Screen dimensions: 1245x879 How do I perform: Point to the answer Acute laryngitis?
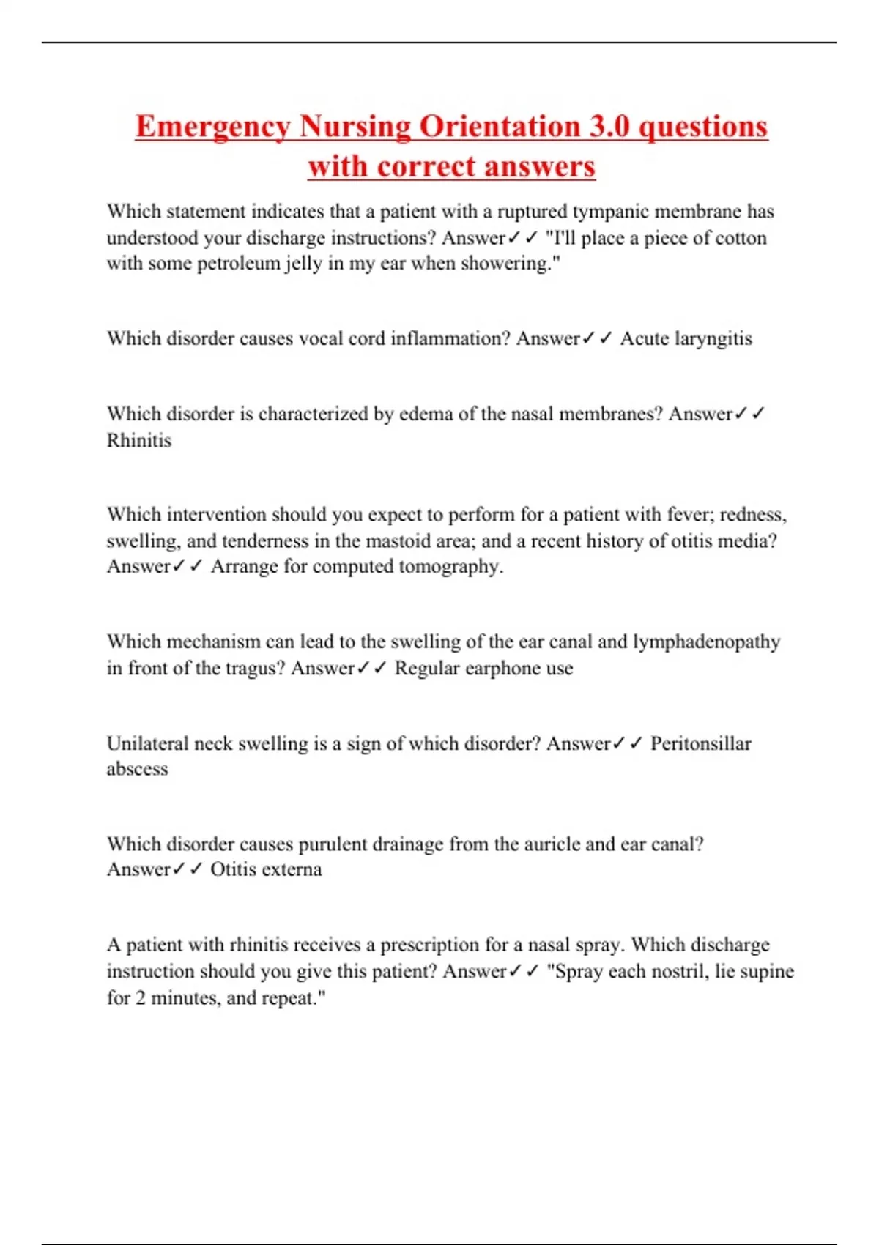[x=686, y=338]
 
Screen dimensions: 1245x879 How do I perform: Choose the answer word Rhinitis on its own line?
[x=139, y=440]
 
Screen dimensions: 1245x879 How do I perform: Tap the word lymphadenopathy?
[x=706, y=642]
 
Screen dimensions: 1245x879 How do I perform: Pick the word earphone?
[x=483, y=668]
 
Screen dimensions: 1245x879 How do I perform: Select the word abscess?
[x=137, y=769]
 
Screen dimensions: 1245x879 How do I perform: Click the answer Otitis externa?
[x=266, y=869]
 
